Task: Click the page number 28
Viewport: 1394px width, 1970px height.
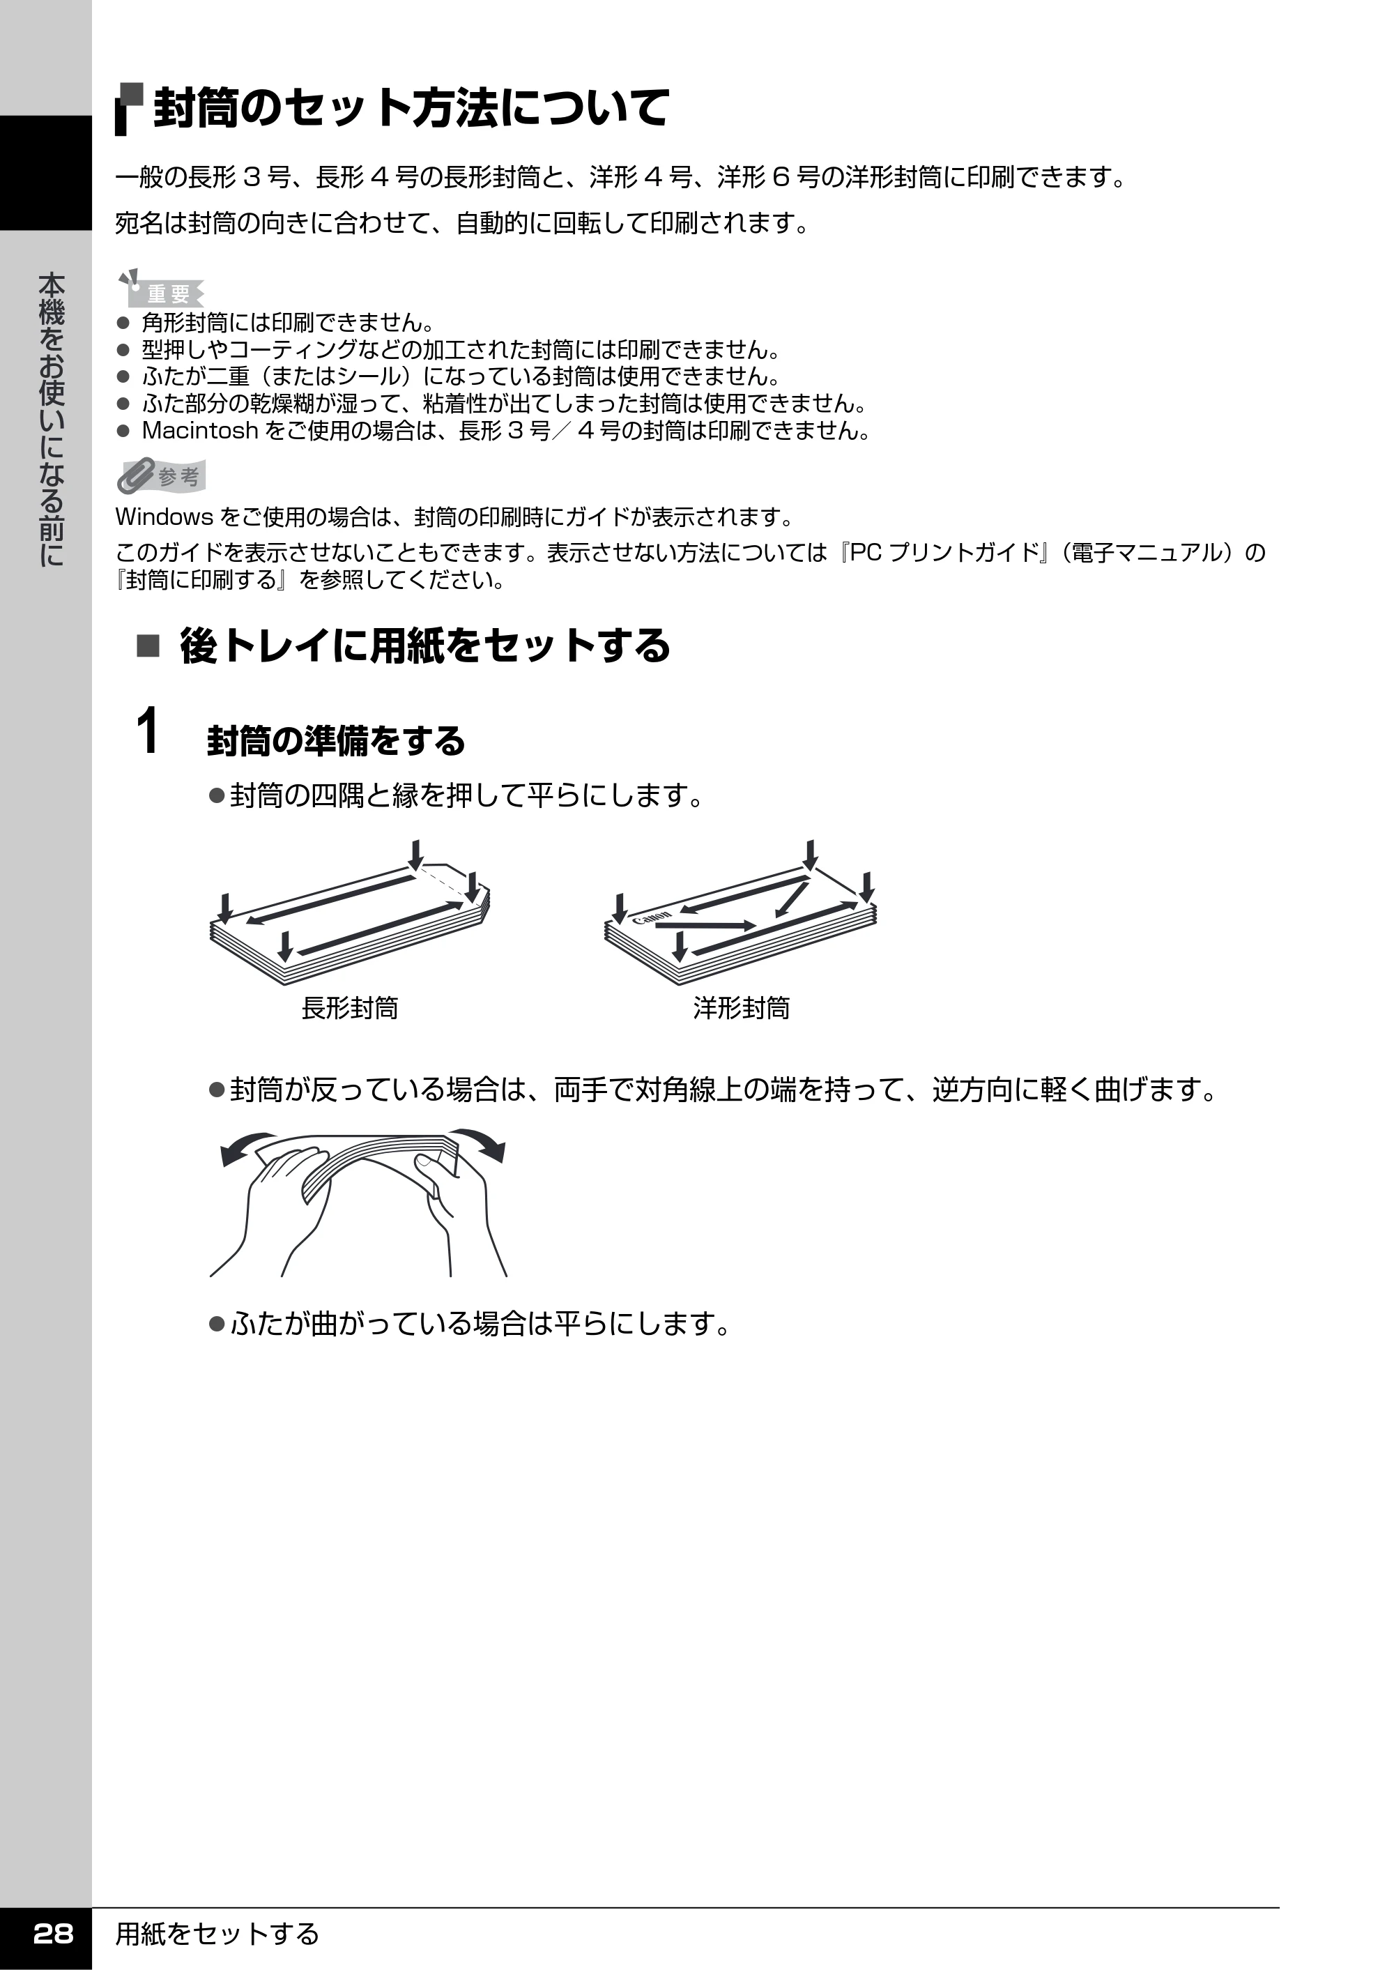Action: tap(52, 1933)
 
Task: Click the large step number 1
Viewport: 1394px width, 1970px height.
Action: tap(148, 731)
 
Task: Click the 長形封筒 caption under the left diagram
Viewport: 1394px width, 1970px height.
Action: tap(349, 1008)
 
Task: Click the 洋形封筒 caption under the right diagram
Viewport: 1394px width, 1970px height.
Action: tap(742, 1008)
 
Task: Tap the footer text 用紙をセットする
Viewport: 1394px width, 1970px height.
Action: tap(217, 1934)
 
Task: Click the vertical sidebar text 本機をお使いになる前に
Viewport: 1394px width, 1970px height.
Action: tap(52, 419)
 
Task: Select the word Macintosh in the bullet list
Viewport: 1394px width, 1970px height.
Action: tap(200, 430)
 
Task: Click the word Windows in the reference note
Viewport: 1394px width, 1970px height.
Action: tap(164, 517)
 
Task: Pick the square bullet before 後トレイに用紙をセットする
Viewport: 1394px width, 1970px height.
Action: tap(148, 646)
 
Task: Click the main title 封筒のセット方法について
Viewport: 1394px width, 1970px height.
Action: tap(411, 108)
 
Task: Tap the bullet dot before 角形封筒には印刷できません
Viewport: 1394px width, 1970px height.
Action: tap(123, 323)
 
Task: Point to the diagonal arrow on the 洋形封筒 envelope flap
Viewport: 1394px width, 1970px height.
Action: tap(792, 898)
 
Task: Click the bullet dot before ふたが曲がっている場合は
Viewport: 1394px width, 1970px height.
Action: tap(216, 1324)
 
